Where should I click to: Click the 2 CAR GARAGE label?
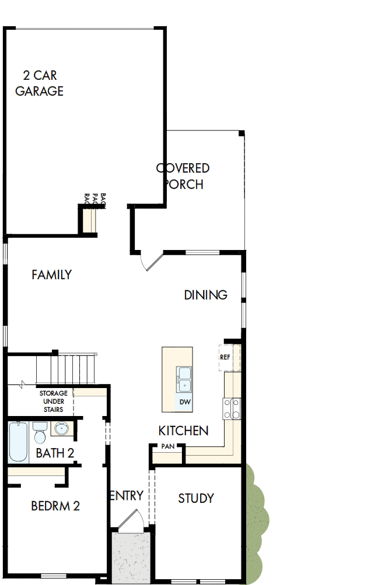[40, 83]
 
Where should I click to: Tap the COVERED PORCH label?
[183, 176]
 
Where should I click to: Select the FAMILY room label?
[51, 274]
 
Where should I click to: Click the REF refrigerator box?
[225, 357]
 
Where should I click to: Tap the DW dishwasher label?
[184, 403]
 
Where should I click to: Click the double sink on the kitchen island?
[184, 379]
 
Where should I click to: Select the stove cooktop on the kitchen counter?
[232, 408]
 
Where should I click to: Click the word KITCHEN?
[183, 431]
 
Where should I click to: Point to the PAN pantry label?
[169, 447]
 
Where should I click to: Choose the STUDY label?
[196, 498]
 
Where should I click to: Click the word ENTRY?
[126, 496]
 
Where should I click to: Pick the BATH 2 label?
[55, 453]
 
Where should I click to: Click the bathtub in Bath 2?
[18, 441]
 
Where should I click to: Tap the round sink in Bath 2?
[61, 430]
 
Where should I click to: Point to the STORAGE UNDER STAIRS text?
[53, 401]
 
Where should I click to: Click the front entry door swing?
[129, 520]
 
